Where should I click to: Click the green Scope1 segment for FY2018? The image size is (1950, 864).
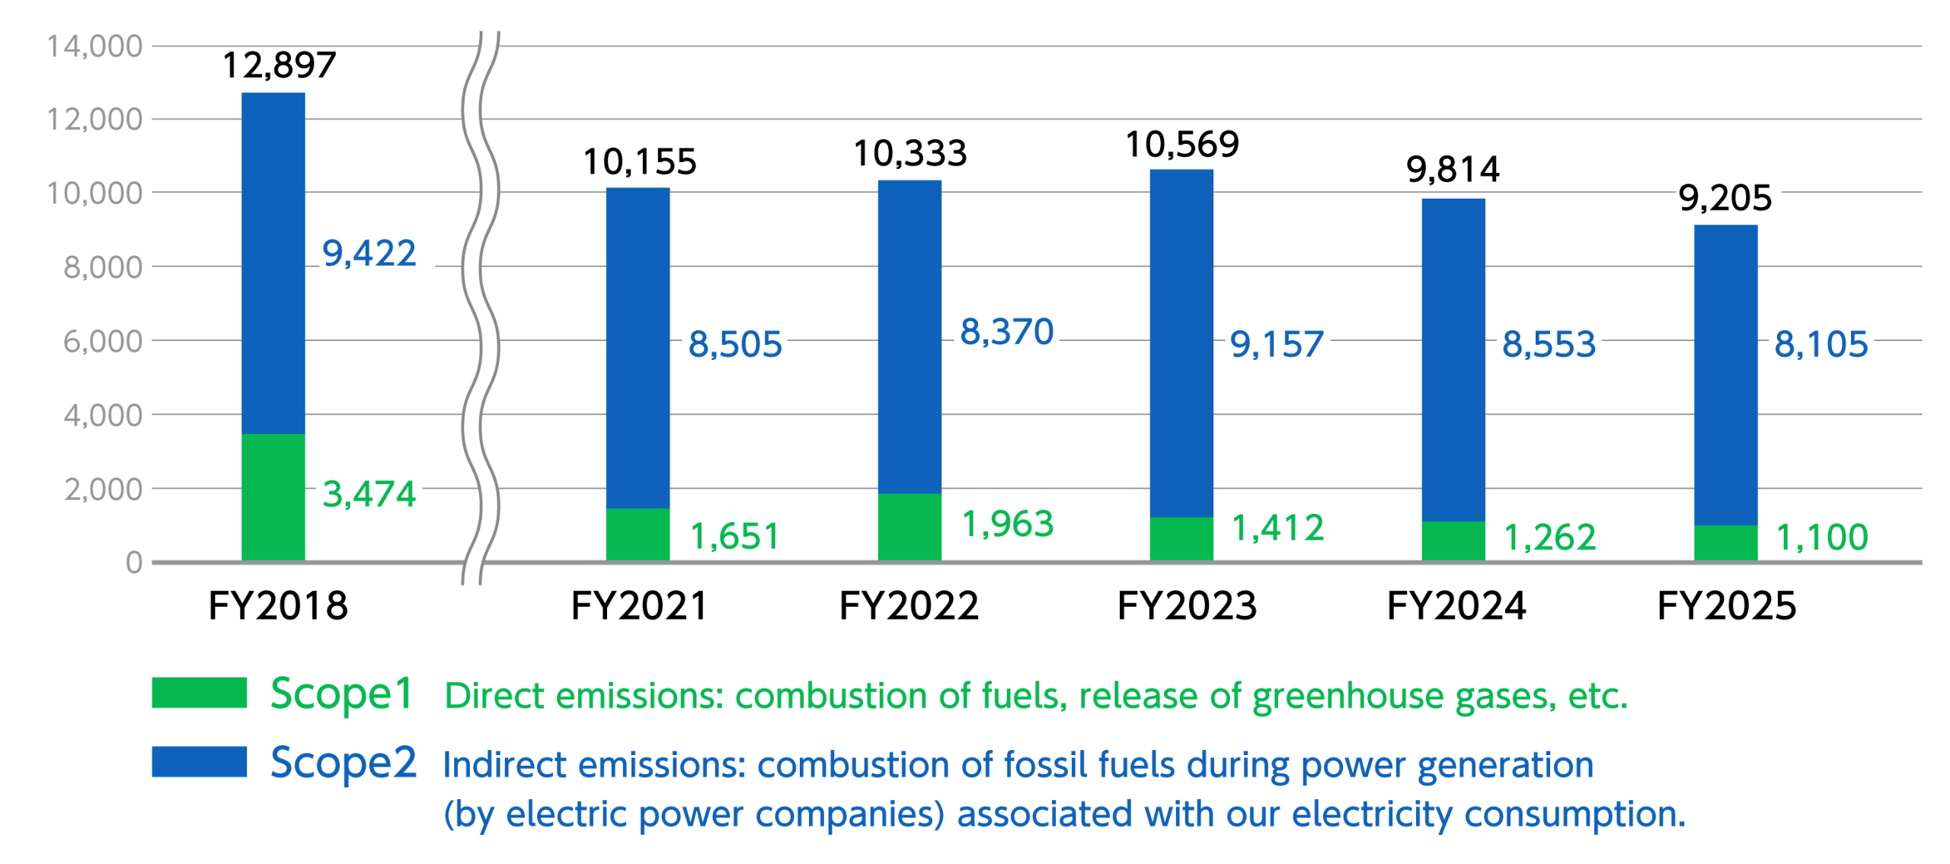click(273, 497)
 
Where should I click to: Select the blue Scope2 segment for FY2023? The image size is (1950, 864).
click(1181, 343)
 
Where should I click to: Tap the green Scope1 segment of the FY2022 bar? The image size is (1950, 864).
click(909, 528)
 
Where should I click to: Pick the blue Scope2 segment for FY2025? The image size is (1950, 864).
click(1725, 375)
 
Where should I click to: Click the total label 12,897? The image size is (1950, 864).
click(279, 65)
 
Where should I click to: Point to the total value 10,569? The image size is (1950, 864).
click(1182, 145)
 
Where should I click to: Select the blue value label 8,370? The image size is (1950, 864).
click(1007, 332)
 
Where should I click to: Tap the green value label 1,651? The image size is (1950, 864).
click(735, 537)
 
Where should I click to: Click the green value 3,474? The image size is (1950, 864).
click(369, 494)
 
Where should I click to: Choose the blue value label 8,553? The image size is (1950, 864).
click(1549, 344)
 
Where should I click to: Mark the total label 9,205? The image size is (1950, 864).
click(1725, 199)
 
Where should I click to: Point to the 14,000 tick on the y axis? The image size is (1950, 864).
click(94, 46)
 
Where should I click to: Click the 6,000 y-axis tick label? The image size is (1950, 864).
click(103, 341)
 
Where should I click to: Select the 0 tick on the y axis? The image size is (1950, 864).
click(134, 563)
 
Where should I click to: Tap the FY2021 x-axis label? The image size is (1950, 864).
click(639, 606)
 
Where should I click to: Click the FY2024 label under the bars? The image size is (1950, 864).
click(1456, 606)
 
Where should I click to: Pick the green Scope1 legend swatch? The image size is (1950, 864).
click(199, 693)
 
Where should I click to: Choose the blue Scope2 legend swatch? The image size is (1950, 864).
click(199, 761)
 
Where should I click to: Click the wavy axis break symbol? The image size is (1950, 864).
click(481, 308)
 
